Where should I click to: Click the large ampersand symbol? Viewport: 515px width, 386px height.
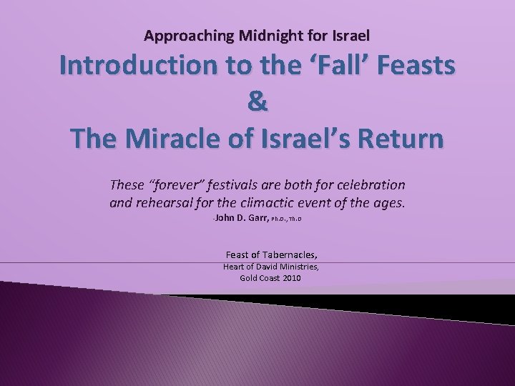(257, 102)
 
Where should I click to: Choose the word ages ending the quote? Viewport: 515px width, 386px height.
(389, 202)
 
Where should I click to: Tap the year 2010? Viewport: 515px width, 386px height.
(290, 278)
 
